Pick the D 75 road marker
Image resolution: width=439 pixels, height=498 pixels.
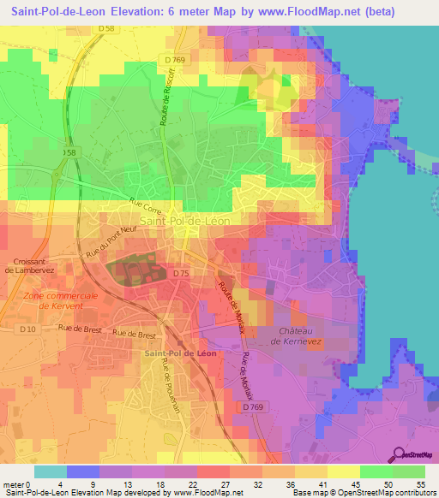[x=181, y=273]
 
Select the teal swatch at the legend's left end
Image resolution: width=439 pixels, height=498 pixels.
[x=51, y=471]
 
